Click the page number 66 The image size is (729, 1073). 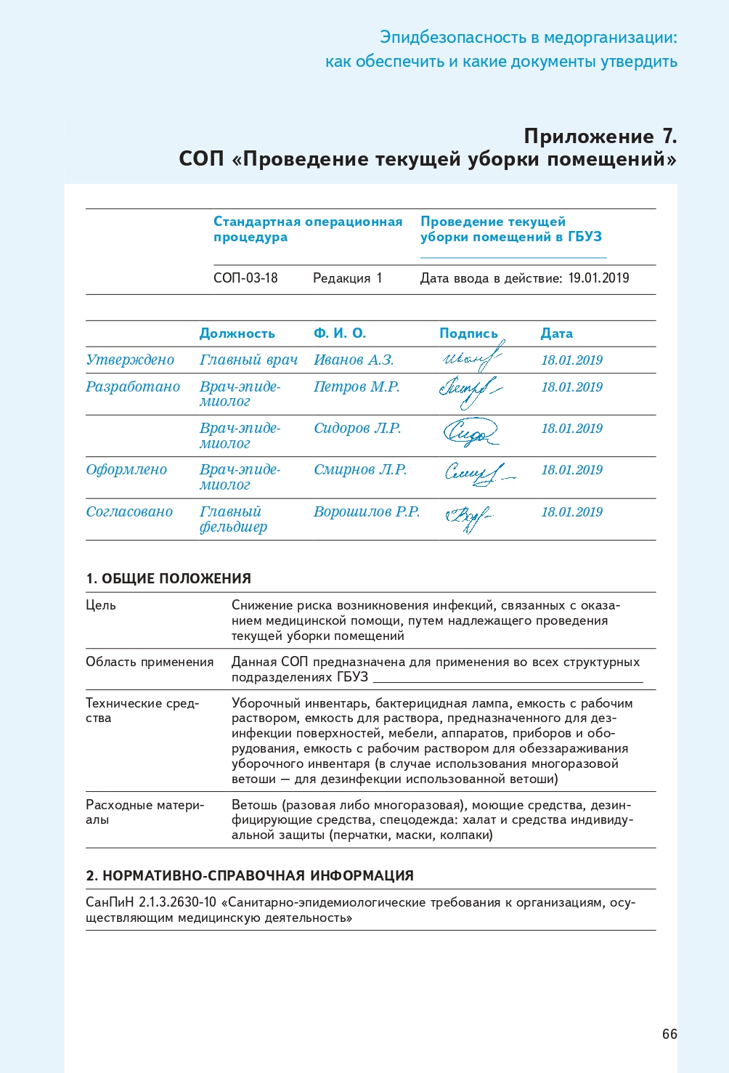[x=669, y=1034]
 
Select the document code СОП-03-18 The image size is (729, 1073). [x=245, y=278]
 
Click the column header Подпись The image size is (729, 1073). [x=468, y=333]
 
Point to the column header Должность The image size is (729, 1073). [x=237, y=333]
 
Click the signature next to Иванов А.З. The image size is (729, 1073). [x=471, y=358]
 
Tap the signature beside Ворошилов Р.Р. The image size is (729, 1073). [x=468, y=518]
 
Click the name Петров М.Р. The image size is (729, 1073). [x=357, y=387]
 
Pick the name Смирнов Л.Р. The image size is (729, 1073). [x=360, y=470]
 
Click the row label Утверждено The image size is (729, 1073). [x=130, y=360]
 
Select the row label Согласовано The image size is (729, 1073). [x=129, y=512]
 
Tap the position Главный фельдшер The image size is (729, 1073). [x=233, y=519]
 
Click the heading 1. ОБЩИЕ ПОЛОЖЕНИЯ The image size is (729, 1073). [x=168, y=579]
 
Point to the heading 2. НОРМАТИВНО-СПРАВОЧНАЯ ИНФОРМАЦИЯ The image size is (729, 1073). [x=250, y=876]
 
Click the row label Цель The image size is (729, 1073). [x=101, y=605]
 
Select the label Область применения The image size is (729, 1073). [x=150, y=662]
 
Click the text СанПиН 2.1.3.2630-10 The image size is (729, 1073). [x=151, y=903]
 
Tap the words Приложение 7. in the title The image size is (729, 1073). [x=600, y=137]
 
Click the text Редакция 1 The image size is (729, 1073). [x=347, y=278]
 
